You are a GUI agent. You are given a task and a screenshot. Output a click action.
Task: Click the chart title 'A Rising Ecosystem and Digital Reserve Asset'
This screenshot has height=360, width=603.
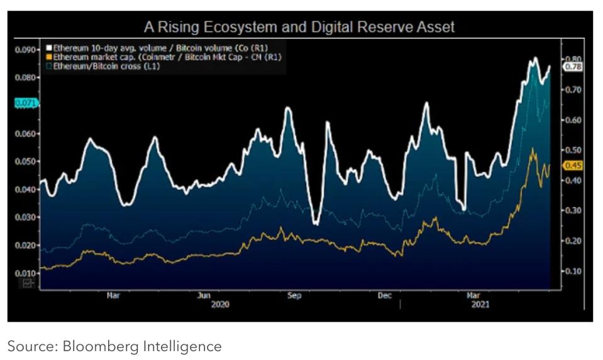(x=299, y=27)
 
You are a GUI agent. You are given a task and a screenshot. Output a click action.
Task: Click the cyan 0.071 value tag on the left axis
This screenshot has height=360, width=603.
(x=25, y=102)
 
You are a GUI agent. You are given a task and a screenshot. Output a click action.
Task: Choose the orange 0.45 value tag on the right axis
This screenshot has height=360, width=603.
(x=573, y=166)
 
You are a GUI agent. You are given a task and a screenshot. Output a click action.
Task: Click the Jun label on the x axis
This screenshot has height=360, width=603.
(x=204, y=295)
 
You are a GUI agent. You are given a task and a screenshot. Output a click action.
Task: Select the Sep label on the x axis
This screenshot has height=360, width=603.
(x=294, y=295)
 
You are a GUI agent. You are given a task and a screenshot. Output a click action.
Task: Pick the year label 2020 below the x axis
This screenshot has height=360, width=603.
(x=220, y=304)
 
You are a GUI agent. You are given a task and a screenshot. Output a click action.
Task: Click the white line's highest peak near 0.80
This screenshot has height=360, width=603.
(x=535, y=58)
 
